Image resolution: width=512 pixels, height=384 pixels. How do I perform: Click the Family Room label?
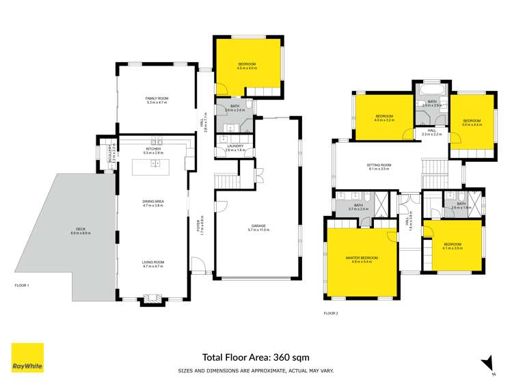click(157, 99)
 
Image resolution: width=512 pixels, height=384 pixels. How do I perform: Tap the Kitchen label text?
click(153, 150)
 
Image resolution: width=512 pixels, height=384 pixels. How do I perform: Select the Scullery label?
click(109, 156)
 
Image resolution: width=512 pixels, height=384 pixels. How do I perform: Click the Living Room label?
click(153, 262)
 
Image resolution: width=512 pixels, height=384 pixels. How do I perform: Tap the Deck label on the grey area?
click(81, 231)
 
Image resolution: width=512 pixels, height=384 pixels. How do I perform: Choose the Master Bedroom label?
click(362, 257)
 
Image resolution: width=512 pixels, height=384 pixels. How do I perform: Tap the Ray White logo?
click(27, 358)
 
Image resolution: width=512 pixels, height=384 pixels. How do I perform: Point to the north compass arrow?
click(487, 364)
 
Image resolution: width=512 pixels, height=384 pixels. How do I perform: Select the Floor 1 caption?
click(22, 284)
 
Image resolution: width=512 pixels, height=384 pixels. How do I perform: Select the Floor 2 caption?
click(331, 313)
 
